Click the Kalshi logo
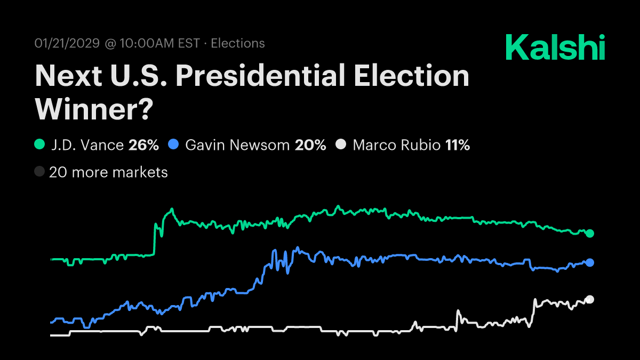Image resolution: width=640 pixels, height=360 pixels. tap(555, 47)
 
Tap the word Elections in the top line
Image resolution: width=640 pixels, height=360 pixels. tap(238, 44)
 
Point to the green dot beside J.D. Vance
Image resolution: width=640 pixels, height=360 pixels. tap(39, 145)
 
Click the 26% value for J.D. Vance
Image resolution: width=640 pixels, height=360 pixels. tap(143, 145)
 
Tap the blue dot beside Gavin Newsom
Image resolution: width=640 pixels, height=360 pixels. tap(173, 145)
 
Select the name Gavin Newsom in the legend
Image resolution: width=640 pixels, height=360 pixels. tap(237, 145)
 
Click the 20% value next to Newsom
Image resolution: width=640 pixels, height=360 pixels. tap(310, 145)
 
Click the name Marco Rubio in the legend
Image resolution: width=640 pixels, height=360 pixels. tap(396, 145)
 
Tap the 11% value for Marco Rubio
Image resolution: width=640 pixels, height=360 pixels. tap(457, 145)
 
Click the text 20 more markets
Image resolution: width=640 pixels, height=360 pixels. tap(108, 172)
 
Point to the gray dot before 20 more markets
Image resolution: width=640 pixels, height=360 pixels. tap(39, 172)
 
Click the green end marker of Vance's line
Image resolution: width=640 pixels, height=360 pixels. tap(590, 233)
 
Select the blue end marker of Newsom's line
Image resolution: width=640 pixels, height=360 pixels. tap(590, 262)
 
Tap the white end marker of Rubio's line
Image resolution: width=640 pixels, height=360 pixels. tap(590, 299)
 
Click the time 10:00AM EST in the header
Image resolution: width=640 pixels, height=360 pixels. tap(159, 44)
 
